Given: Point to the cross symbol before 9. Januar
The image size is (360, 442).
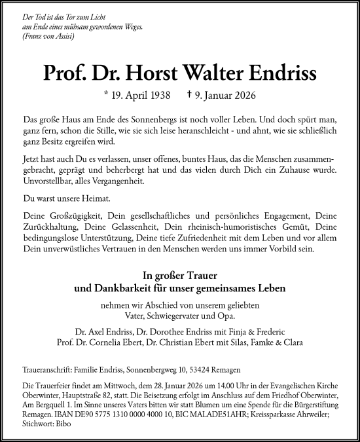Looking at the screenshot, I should click(x=190, y=94).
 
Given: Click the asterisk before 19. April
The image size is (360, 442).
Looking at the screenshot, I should click(x=107, y=94).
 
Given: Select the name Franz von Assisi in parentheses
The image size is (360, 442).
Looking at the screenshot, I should click(x=48, y=35).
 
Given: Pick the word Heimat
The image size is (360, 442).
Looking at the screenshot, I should click(x=93, y=198).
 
